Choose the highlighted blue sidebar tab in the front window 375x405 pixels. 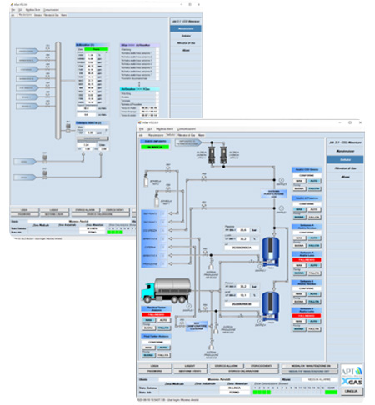[x=342, y=158]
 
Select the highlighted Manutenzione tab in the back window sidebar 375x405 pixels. [x=185, y=27]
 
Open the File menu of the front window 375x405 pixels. [x=142, y=129]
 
